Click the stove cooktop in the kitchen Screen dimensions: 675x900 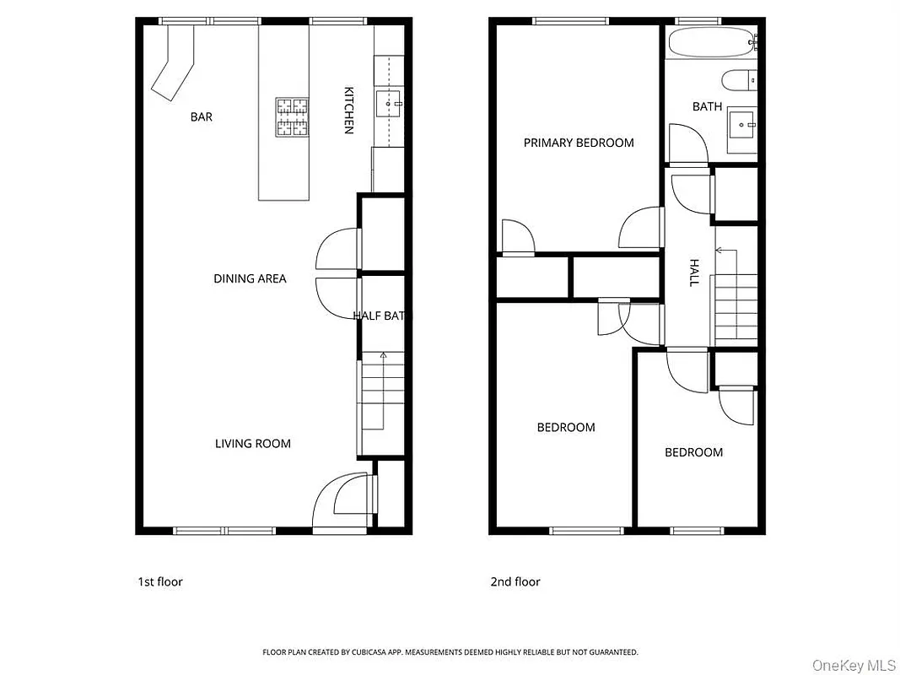[x=292, y=116]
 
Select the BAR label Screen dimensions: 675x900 [x=202, y=117]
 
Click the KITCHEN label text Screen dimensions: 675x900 [x=348, y=110]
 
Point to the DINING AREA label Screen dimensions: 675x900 [x=250, y=278]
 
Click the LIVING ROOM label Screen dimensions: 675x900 [x=252, y=444]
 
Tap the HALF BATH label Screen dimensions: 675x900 [x=381, y=316]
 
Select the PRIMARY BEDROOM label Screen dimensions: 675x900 [x=579, y=143]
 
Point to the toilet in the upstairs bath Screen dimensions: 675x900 [x=740, y=81]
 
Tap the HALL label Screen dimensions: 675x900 [x=694, y=273]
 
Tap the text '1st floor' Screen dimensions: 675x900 [x=160, y=581]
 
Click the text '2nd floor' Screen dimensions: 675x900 [x=515, y=581]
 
